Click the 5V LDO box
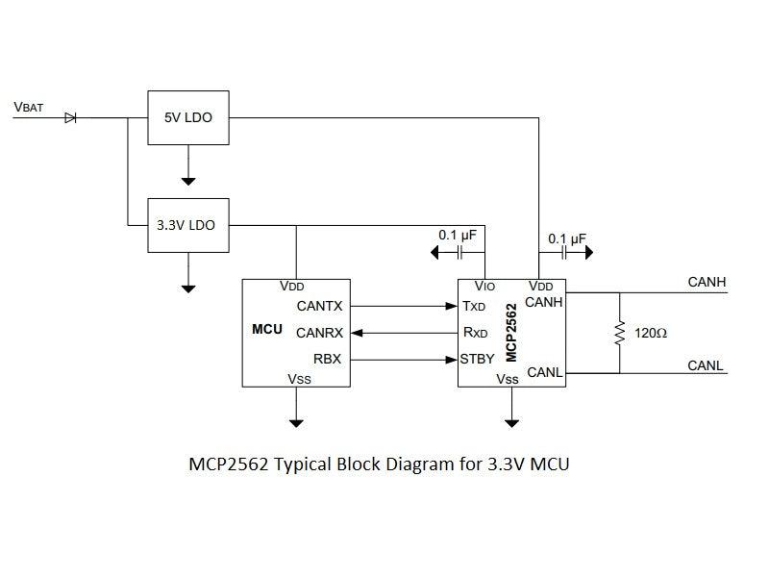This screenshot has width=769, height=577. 188,118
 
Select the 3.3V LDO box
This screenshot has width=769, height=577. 188,226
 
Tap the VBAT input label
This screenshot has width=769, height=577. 29,107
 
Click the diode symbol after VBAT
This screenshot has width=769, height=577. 70,118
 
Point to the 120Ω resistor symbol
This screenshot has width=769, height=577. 620,332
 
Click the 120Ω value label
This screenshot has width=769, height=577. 651,333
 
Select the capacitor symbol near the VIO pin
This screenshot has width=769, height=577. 460,252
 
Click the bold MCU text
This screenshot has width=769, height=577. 266,329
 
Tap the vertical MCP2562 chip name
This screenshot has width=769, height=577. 512,332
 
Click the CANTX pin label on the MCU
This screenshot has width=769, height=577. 319,307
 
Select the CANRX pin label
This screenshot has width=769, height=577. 319,333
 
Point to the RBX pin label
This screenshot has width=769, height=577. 326,359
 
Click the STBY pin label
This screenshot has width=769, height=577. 478,359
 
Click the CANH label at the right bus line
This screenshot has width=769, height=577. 707,282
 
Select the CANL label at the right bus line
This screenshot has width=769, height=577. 706,365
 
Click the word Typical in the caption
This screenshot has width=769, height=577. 304,465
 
